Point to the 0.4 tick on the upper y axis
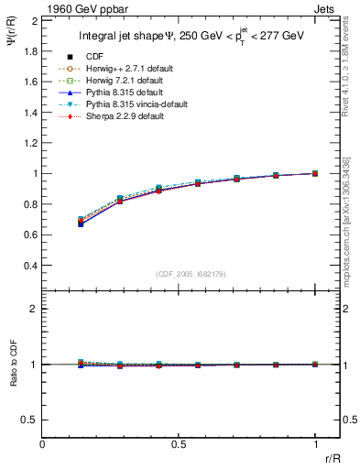tap(29, 266)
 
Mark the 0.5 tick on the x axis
tap(179, 444)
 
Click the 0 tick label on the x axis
tap(43, 444)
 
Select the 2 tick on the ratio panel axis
tap(33, 309)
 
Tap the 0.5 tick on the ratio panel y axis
tap(29, 420)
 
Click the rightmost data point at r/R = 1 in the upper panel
tap(315, 173)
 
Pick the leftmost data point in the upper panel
tap(82, 222)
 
